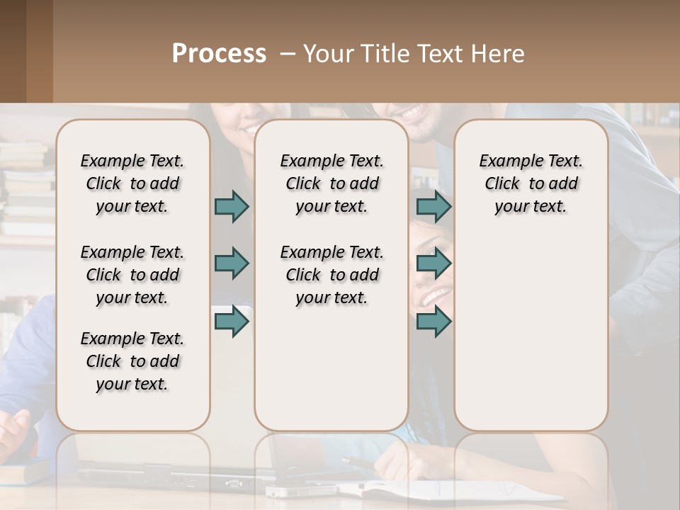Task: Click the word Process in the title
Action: click(219, 54)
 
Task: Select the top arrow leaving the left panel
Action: click(232, 206)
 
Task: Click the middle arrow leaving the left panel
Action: click(232, 263)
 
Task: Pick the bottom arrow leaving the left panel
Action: click(232, 322)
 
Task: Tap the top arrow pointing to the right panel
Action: click(433, 206)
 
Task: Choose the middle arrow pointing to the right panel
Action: click(433, 263)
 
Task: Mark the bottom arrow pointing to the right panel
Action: click(433, 322)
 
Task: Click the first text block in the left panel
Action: click(132, 183)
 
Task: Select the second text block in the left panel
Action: click(132, 275)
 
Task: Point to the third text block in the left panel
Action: click(132, 361)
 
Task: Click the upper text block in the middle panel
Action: click(331, 183)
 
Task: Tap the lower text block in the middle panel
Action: click(331, 275)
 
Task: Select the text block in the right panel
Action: click(531, 183)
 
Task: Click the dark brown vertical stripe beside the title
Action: click(39, 51)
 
